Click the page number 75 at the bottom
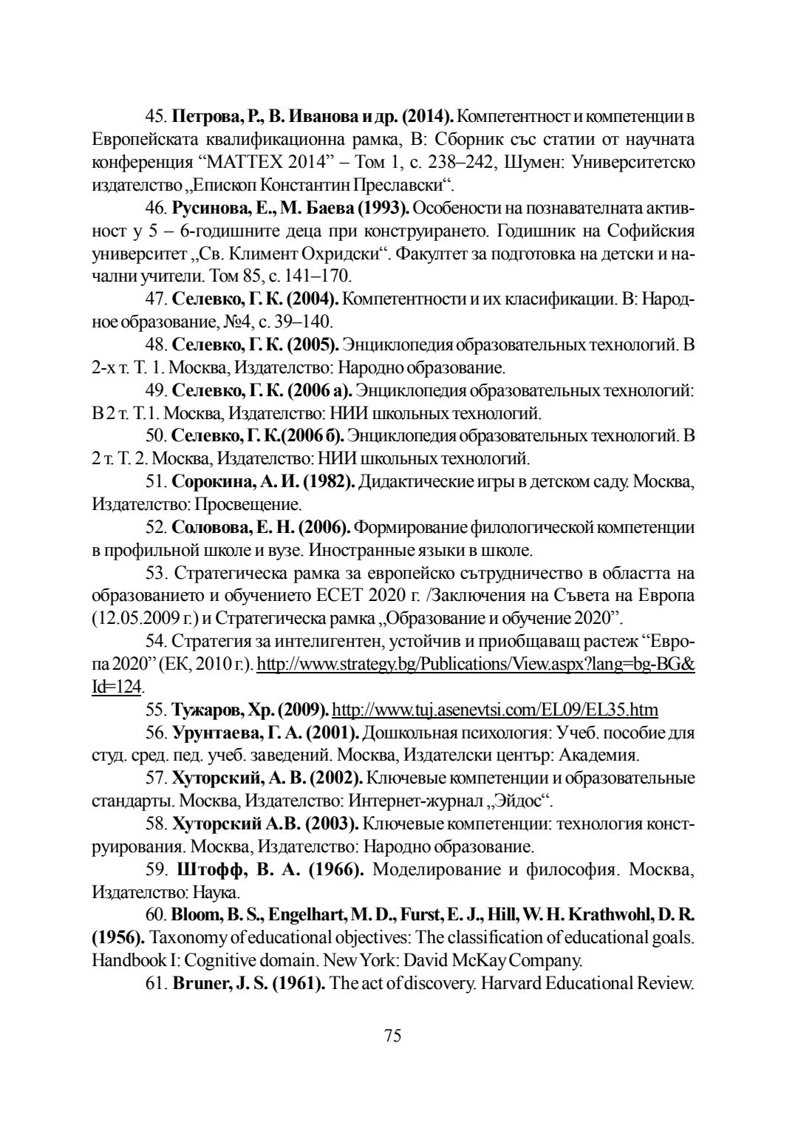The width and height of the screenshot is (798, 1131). pos(392,1036)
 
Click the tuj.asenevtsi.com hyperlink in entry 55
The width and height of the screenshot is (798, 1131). pos(495,710)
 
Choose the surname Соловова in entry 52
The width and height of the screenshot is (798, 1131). pos(208,527)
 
